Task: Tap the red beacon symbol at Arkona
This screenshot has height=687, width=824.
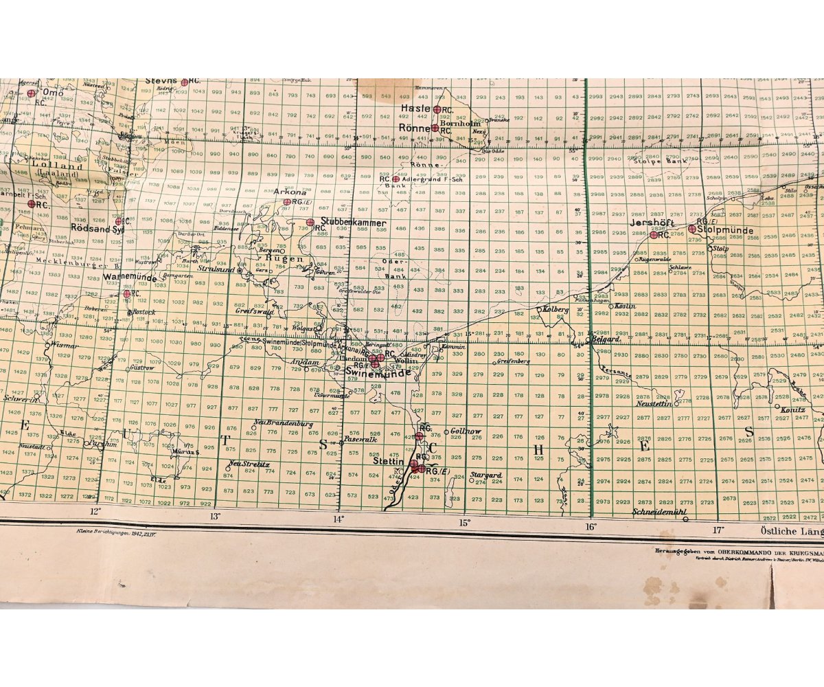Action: pyautogui.click(x=287, y=202)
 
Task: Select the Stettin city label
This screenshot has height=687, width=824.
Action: pyautogui.click(x=388, y=462)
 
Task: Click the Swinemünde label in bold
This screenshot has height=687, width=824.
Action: pyautogui.click(x=376, y=373)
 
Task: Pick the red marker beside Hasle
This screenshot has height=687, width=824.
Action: pyautogui.click(x=437, y=109)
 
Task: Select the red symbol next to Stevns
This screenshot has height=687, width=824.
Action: pyautogui.click(x=184, y=82)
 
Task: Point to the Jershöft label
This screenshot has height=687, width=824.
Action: pyautogui.click(x=655, y=223)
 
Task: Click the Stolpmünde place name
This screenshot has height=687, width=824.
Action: pyautogui.click(x=725, y=230)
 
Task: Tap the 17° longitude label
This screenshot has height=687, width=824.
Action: pyautogui.click(x=718, y=529)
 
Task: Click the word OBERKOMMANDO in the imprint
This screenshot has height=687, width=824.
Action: pyautogui.click(x=730, y=550)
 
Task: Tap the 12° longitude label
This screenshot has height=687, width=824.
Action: pyautogui.click(x=95, y=510)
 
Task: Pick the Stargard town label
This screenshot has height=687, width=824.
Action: pyautogui.click(x=487, y=475)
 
